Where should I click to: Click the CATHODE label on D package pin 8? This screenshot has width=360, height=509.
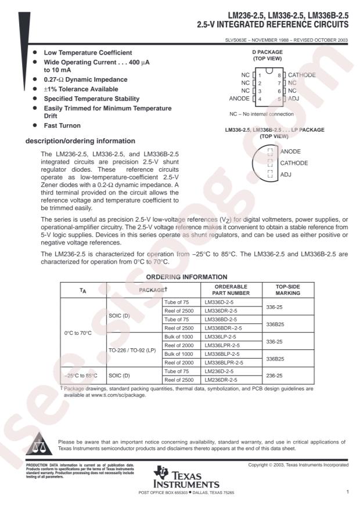click(302, 75)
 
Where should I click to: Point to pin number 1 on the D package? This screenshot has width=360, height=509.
click(260, 75)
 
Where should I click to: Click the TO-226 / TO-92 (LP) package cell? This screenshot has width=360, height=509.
click(132, 351)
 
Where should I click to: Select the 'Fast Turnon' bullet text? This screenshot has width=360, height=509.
click(63, 125)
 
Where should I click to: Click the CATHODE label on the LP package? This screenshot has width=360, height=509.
click(294, 163)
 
